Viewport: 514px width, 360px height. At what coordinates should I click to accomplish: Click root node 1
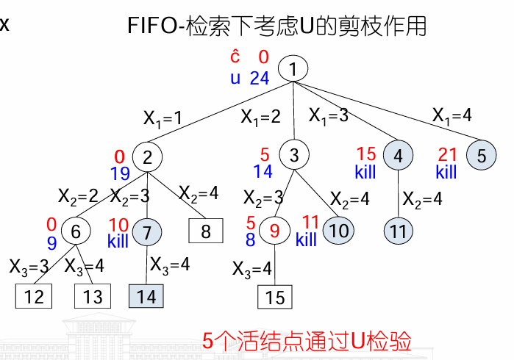(293, 70)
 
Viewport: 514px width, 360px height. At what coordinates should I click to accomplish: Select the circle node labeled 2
(147, 156)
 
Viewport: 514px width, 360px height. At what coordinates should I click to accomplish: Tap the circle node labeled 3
(294, 156)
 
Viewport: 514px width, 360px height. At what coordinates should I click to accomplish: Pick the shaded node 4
(398, 156)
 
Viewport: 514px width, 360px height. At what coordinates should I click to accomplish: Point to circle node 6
(76, 231)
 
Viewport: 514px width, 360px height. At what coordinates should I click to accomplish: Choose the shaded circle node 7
(147, 231)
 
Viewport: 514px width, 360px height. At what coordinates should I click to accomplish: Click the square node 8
(206, 232)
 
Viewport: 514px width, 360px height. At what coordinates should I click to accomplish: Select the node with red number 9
(275, 231)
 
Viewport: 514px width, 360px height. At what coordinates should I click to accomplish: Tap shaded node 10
(338, 231)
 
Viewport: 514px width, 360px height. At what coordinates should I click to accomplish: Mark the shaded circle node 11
(399, 231)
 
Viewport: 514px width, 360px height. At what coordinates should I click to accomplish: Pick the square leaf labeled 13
(93, 297)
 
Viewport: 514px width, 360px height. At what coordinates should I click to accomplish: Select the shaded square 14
(147, 297)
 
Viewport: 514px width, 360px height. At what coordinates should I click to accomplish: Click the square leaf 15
(275, 297)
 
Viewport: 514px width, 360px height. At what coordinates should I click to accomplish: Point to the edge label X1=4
(452, 115)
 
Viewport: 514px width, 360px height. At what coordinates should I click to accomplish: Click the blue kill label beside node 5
(446, 173)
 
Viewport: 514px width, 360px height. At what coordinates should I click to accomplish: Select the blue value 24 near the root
(259, 78)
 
